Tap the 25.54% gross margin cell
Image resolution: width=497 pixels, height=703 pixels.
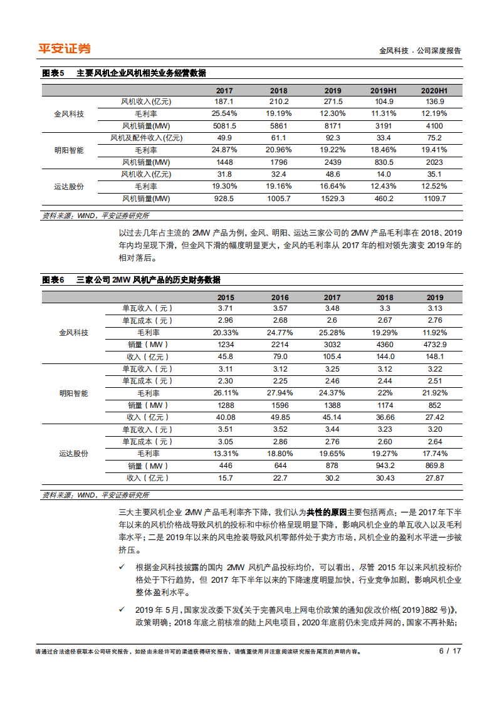coord(224,113)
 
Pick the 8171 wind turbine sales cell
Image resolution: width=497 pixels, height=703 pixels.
coord(333,125)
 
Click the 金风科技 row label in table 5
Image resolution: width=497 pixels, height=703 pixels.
coord(69,113)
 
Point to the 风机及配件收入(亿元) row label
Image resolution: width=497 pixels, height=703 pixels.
coord(146,138)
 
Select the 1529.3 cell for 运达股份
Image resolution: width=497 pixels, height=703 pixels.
coord(333,198)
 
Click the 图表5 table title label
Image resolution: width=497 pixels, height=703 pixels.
coord(53,73)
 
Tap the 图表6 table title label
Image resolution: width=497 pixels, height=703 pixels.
coord(53,280)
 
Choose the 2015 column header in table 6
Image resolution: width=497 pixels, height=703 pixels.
coord(226,298)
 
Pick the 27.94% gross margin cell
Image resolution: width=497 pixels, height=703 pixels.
coord(280,393)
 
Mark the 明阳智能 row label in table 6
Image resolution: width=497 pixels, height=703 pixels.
coord(73,393)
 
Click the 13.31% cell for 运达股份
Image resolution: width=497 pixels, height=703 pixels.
coord(226,454)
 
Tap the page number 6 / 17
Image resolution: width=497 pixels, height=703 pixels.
coord(450,651)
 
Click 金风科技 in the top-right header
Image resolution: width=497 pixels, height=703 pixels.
coord(394,51)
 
